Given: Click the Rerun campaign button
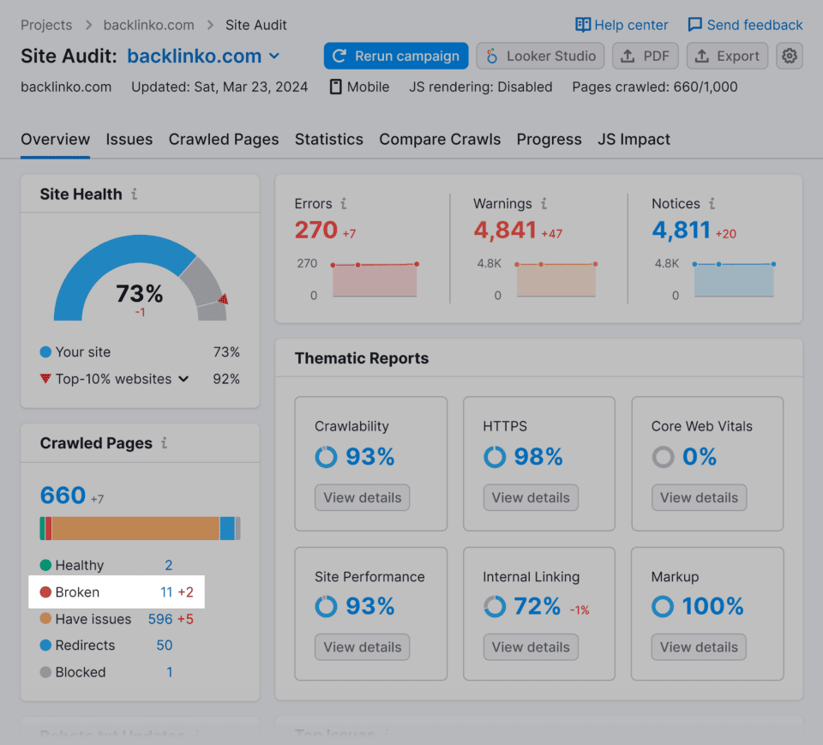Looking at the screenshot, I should [396, 57].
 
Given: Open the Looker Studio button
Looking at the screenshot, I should [540, 57].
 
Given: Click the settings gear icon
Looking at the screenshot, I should [790, 57].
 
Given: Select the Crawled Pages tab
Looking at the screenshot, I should [224, 140].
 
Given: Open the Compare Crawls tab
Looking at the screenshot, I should [440, 140].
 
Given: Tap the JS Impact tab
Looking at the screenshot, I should [634, 140].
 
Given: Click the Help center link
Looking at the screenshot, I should [622, 25].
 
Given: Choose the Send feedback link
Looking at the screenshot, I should [745, 25].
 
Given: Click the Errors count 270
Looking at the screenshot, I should [316, 231].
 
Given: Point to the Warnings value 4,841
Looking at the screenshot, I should [505, 231].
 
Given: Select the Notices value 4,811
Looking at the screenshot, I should [682, 231].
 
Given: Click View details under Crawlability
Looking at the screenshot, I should [363, 498].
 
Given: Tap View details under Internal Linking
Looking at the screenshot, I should [531, 647].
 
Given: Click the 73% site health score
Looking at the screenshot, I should [140, 294].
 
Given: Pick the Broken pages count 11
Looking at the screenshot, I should [166, 592].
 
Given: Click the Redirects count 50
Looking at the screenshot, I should [165, 646].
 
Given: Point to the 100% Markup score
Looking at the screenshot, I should [712, 607].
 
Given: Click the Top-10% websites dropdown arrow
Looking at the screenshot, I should [183, 379].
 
